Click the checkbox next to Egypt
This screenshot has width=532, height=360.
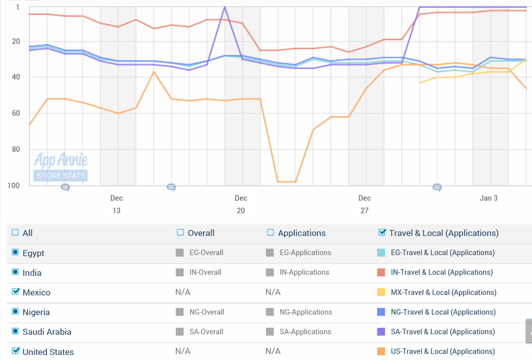pos(15,253)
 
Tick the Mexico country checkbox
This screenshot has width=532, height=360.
pos(15,292)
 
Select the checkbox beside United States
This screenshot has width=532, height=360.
pos(15,351)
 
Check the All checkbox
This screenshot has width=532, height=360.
pos(15,232)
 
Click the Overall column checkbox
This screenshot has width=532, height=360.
pos(180,232)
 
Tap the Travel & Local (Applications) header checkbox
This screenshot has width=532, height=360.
pos(382,232)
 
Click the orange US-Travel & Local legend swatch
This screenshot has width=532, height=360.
pos(381,351)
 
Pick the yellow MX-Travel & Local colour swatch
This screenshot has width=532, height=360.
pos(381,292)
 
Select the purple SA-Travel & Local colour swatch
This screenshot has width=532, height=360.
pos(381,332)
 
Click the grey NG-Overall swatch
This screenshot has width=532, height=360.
pos(180,312)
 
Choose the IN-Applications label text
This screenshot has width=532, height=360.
pos(304,272)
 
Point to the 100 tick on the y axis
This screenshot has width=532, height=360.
pos(13,185)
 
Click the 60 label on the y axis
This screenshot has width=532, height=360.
pos(15,113)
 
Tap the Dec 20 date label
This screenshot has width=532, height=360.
pos(241,204)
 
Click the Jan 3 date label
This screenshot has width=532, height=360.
pos(488,198)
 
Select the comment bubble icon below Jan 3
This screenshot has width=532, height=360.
pos(437,188)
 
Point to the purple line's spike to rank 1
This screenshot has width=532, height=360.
pos(224,7)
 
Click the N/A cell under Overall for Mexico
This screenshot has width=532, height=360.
pos(183,292)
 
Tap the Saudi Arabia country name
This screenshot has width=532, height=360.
pos(47,332)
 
